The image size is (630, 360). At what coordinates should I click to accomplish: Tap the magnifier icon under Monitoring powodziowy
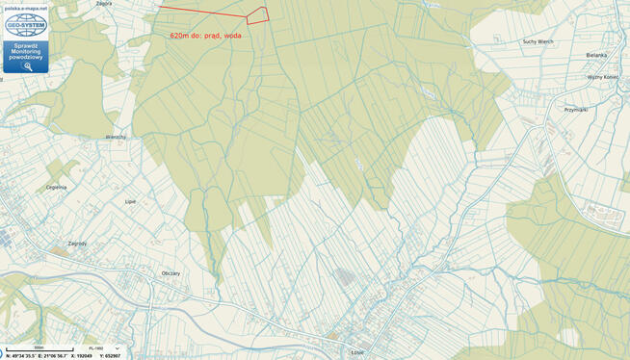pos(26,66)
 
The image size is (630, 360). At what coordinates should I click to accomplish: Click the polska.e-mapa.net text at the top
pos(26,7)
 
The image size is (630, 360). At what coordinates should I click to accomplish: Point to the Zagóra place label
pos(104,4)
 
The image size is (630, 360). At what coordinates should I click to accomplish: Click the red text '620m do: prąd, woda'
pos(205,35)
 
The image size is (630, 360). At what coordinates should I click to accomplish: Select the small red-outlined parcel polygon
pos(257,15)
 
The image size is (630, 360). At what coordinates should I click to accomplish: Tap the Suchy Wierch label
pos(538,42)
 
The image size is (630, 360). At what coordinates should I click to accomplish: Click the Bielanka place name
pos(599,56)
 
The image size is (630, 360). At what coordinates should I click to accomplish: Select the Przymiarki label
pos(576,109)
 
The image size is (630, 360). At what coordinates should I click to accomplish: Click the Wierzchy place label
pos(116,137)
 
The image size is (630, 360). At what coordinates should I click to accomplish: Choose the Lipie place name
pos(131,201)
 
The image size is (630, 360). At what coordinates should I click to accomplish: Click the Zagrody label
pos(78,244)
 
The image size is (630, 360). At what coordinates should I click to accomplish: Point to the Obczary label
pos(171,273)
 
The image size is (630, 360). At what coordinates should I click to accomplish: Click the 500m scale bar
pos(39,347)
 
